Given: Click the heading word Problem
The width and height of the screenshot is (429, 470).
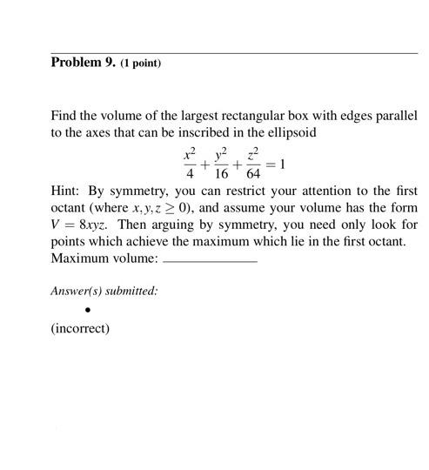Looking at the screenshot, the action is pos(77,63).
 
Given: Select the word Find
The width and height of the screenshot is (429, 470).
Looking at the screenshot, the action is pos(64,117).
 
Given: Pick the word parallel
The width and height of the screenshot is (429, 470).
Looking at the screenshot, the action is pos(397,117).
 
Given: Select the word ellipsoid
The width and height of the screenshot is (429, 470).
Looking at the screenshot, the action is pos(292,133).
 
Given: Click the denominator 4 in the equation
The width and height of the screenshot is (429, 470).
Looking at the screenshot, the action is pos(189,172).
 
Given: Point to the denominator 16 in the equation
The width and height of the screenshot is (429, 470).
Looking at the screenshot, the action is pos(221,172).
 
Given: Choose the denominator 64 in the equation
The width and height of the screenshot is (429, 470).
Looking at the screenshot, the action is pos(253,172).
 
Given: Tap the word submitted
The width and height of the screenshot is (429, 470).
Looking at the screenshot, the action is pos(131,291).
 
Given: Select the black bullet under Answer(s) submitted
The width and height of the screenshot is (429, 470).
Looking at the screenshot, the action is pos(88,310).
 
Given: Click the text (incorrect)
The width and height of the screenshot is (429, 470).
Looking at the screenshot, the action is pos(80,328).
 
